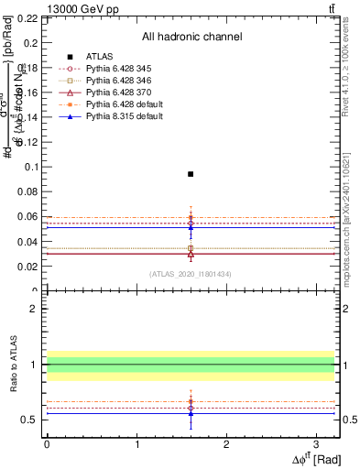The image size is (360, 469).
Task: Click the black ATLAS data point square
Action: click(191, 173)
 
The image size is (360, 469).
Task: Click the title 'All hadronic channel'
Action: click(191, 37)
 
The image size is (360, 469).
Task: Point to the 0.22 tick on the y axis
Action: click(27, 18)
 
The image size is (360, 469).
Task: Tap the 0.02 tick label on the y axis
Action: click(27, 267)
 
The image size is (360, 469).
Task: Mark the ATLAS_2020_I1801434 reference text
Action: click(191, 274)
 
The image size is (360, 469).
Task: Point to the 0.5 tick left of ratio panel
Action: click(31, 420)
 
